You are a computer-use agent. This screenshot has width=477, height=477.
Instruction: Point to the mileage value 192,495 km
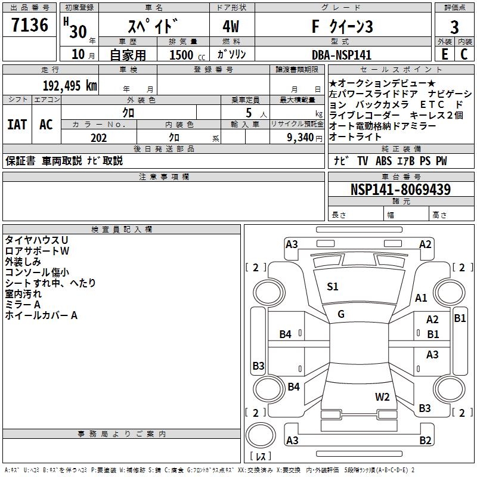pos(70,85)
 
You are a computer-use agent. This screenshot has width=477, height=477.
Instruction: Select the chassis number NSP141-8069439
pos(400,190)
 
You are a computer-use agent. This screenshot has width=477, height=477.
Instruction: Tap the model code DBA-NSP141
pos(342,54)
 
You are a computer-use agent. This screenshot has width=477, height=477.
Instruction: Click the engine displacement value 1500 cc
pos(185,55)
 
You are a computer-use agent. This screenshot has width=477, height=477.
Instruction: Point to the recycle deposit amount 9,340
pos(297,138)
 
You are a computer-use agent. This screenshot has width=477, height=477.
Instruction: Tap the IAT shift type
pos(17,125)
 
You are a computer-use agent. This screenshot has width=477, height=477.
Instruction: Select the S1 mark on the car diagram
pos(333,287)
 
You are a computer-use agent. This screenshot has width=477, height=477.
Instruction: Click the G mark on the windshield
pos(341,314)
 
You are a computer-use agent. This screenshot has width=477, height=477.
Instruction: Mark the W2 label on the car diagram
pos(382,397)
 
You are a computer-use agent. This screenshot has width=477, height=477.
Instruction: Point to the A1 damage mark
pos(421,298)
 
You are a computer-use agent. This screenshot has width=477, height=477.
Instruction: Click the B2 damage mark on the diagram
pos(425,441)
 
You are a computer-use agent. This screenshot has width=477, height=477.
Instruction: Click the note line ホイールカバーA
pos(41,315)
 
